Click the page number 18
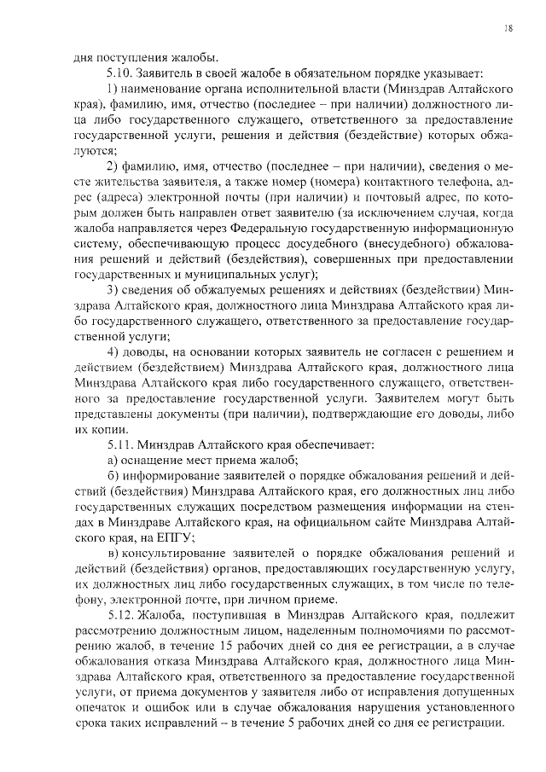pyautogui.click(x=508, y=28)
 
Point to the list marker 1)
pyautogui.click(x=112, y=90)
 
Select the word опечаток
pyautogui.click(x=101, y=706)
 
